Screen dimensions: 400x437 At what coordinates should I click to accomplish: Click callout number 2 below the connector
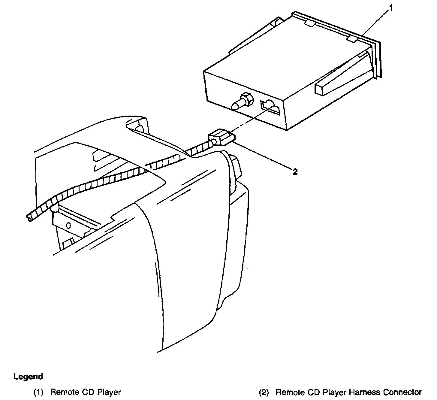[x=295, y=171]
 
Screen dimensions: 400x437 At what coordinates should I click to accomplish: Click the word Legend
[x=28, y=376]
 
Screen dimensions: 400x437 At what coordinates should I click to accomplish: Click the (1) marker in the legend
[x=38, y=392]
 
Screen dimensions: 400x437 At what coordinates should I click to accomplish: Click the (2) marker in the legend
[x=264, y=392]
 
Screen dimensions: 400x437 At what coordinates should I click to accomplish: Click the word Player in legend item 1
[x=109, y=392]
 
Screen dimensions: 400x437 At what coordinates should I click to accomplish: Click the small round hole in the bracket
[x=68, y=225]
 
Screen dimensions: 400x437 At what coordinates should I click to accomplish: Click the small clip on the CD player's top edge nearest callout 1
[x=352, y=38]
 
